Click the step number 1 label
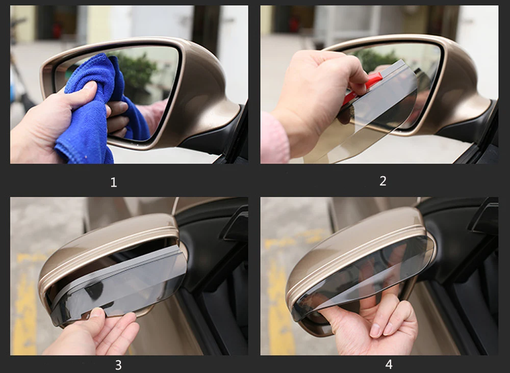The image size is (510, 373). click(x=114, y=182)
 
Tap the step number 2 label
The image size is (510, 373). click(x=383, y=181)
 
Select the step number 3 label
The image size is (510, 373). click(x=118, y=365)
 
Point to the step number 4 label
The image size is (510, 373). click(x=389, y=364)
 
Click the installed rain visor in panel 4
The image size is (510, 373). click(x=361, y=276)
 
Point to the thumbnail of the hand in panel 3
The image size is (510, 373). click(x=96, y=312)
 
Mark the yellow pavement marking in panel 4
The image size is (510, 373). click(x=283, y=292)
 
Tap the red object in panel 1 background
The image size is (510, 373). click(x=57, y=31)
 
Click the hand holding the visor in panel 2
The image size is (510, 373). click(x=319, y=97)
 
